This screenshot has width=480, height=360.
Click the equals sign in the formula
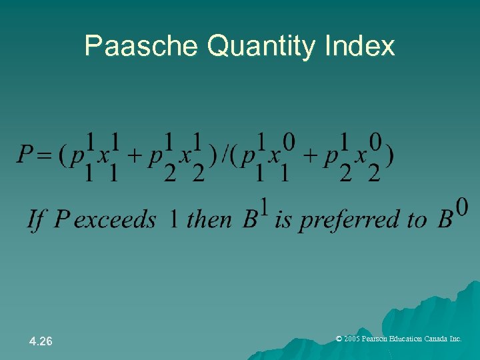pyautogui.click(x=43, y=155)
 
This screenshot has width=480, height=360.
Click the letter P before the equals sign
pyautogui.click(x=25, y=155)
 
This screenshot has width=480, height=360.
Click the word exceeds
pyautogui.click(x=115, y=219)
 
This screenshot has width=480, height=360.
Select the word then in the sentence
pyautogui.click(x=209, y=219)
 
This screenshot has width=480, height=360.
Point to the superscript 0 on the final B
pyautogui.click(x=462, y=207)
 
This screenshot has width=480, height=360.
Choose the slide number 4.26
pyautogui.click(x=42, y=341)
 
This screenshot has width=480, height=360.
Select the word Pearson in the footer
pyautogui.click(x=379, y=339)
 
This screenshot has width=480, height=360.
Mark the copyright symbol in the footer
pyautogui.click(x=339, y=339)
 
